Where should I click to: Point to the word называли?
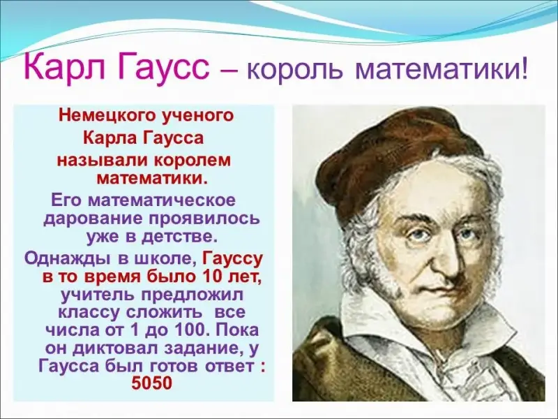coord(102,161)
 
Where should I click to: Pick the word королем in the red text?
coord(193,161)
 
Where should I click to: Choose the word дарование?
coord(92,219)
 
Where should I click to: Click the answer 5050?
coord(152,383)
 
